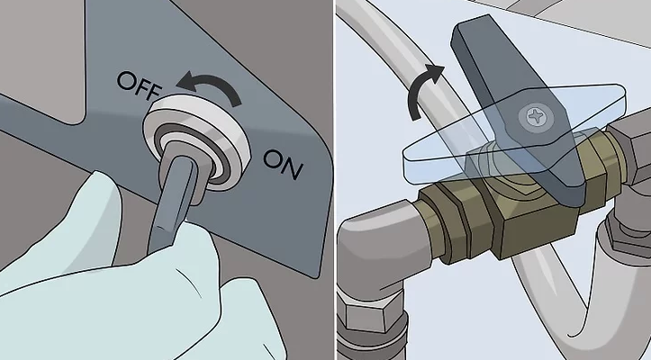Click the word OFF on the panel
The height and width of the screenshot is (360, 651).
coord(139,85)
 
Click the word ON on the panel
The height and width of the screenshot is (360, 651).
coord(283,164)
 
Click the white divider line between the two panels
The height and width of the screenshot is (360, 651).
coord(335,180)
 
